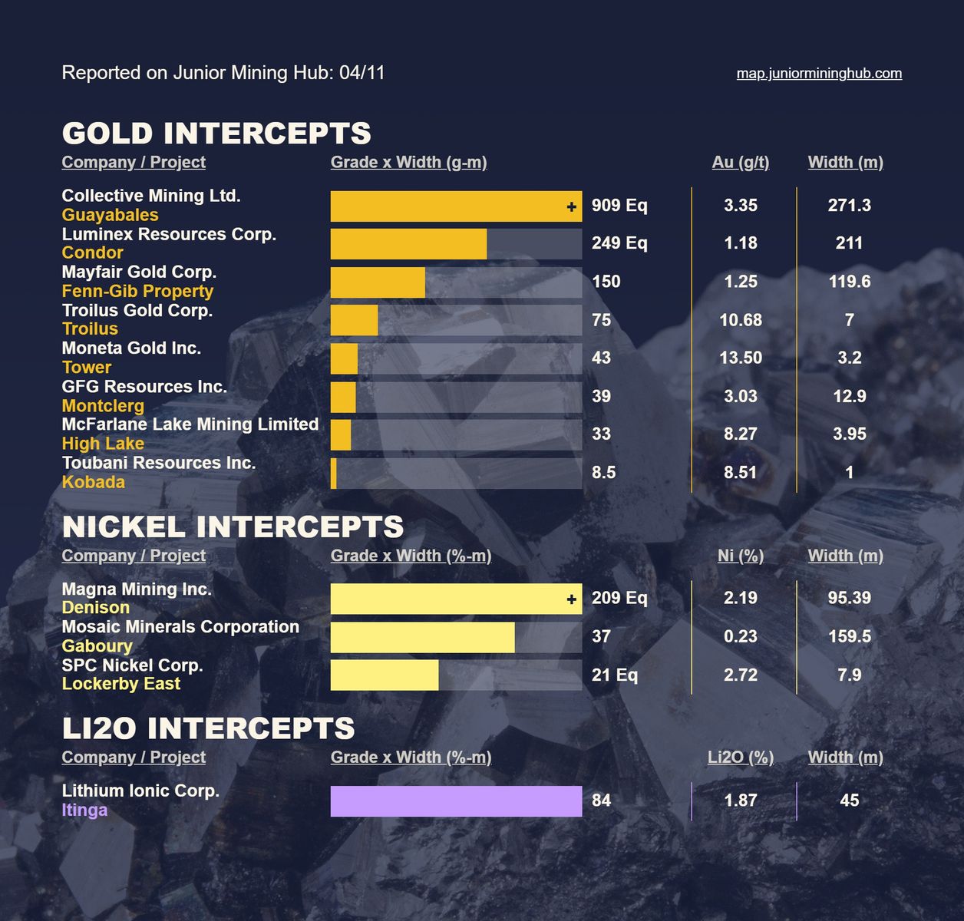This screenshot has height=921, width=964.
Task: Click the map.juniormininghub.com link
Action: point(819,74)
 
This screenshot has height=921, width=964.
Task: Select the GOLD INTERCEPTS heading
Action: point(216,134)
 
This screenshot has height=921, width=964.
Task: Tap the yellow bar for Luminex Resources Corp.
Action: point(408,244)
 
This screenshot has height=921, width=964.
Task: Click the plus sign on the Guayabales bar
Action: point(571,206)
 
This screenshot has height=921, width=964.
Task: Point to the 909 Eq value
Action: point(619,206)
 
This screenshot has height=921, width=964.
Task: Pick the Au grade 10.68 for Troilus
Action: point(740,320)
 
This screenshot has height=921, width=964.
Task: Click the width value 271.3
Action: point(849,206)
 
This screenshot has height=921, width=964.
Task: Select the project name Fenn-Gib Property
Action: point(137,291)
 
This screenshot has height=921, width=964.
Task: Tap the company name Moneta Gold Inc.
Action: point(131,348)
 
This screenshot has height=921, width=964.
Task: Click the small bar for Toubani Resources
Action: point(334,473)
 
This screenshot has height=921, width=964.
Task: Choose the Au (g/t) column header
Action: point(740,163)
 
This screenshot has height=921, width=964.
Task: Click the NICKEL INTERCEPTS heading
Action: point(233,527)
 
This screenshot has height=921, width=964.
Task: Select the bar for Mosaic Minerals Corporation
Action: point(422,637)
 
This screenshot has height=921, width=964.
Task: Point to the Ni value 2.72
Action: point(740,675)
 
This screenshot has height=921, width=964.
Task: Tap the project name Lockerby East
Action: point(121,684)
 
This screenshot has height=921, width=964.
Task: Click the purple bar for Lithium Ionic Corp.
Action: point(456,801)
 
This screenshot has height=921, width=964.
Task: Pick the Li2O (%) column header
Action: point(740,758)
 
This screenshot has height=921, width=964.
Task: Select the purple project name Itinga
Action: point(84,810)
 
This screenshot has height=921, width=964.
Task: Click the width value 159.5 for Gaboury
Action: point(849,637)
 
